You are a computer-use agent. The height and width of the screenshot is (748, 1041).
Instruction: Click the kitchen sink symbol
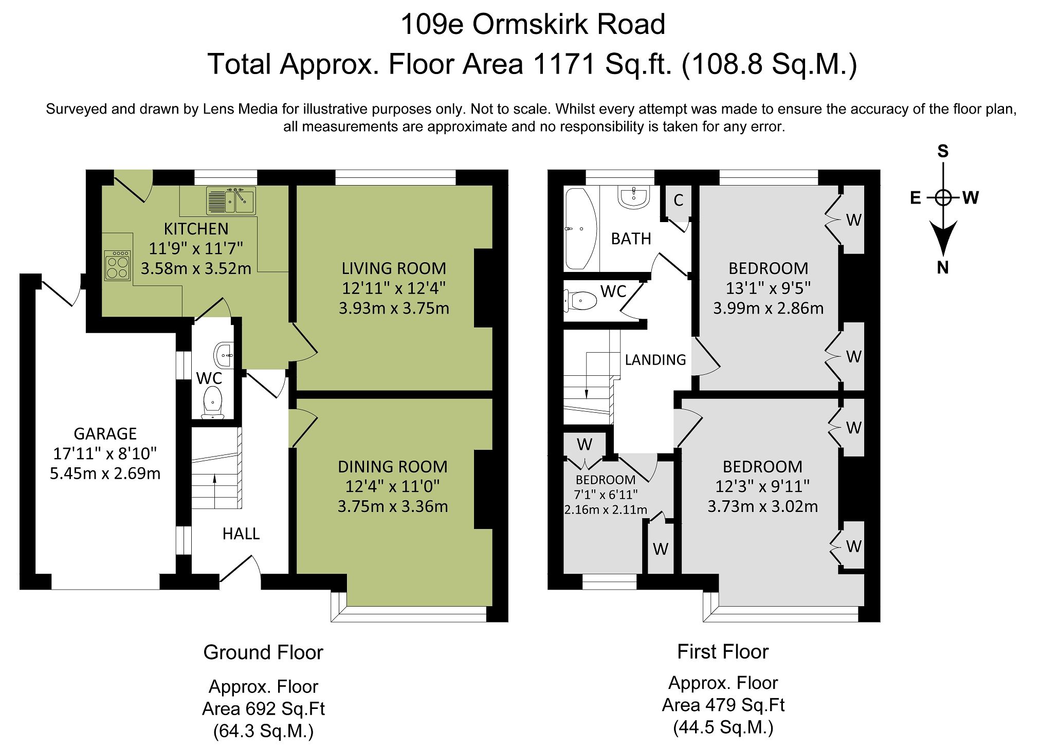point(231,200)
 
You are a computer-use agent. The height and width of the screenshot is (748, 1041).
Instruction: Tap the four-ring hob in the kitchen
point(117,265)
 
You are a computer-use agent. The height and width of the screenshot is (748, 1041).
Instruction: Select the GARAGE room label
point(105,434)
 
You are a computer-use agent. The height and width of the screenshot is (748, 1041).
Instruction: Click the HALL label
point(241,534)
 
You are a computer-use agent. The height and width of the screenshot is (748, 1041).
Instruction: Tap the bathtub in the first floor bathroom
point(580,229)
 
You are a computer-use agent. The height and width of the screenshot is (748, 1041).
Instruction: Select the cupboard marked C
point(678,200)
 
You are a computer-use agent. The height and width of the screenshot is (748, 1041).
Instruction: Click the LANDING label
point(655,360)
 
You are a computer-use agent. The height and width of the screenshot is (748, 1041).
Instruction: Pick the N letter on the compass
point(942,268)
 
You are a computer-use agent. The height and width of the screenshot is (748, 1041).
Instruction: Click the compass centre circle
point(943,197)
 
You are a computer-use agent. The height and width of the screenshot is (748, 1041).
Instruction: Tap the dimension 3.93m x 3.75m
point(394,308)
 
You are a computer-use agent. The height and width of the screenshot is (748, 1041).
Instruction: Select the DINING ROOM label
point(393,467)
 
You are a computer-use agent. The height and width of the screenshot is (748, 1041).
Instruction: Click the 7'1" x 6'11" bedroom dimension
point(606,495)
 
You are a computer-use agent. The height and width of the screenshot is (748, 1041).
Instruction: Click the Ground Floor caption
point(263,652)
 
